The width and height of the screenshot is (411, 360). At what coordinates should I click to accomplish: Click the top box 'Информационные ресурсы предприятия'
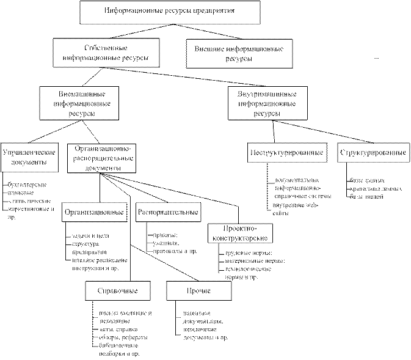[170, 12]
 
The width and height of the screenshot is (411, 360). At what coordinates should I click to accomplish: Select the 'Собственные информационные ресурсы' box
[107, 54]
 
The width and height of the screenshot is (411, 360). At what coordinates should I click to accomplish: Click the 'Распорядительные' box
[169, 213]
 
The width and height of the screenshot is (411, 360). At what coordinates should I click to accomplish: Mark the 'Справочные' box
[118, 290]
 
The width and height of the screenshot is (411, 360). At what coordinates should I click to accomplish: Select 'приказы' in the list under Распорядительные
[159, 235]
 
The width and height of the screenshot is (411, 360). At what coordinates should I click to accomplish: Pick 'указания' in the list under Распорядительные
[161, 243]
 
